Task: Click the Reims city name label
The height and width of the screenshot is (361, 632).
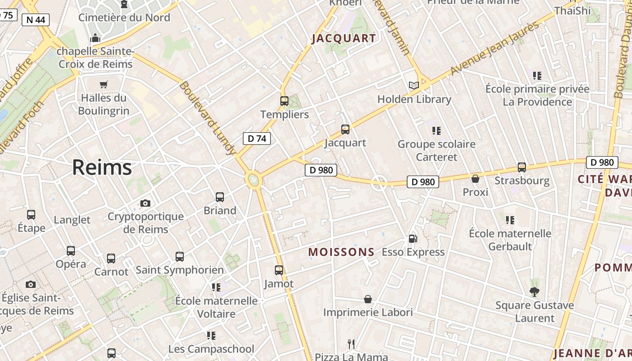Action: tap(102, 167)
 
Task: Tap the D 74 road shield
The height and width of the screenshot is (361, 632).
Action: tap(257, 139)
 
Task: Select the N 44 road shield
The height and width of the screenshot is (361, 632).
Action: tap(36, 19)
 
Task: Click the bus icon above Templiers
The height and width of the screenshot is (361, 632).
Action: tap(284, 101)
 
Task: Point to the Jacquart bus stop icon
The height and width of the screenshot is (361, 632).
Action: tap(345, 130)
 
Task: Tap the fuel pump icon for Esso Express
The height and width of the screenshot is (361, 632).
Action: tap(413, 239)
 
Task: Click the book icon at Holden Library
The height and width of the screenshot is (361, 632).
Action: tap(414, 85)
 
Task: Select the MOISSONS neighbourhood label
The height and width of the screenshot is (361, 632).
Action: tap(341, 252)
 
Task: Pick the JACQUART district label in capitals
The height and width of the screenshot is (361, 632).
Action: tap(344, 38)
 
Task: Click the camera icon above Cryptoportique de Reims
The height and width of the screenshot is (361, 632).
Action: tap(145, 204)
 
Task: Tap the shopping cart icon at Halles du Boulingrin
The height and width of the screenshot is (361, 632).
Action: tap(104, 84)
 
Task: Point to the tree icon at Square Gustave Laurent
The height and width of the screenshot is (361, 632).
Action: tap(534, 292)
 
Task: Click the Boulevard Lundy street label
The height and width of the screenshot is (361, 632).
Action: tap(208, 118)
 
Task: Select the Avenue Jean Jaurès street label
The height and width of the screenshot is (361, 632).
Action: tap(495, 47)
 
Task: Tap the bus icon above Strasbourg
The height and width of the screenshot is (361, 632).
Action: tap(522, 167)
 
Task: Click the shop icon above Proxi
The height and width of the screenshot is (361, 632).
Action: tap(475, 179)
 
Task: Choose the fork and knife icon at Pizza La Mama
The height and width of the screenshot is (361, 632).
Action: tap(351, 344)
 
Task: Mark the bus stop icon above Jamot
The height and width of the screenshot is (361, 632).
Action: tap(279, 270)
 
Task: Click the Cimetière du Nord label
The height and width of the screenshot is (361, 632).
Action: tap(124, 18)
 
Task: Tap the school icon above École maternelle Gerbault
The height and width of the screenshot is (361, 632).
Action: tap(510, 220)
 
